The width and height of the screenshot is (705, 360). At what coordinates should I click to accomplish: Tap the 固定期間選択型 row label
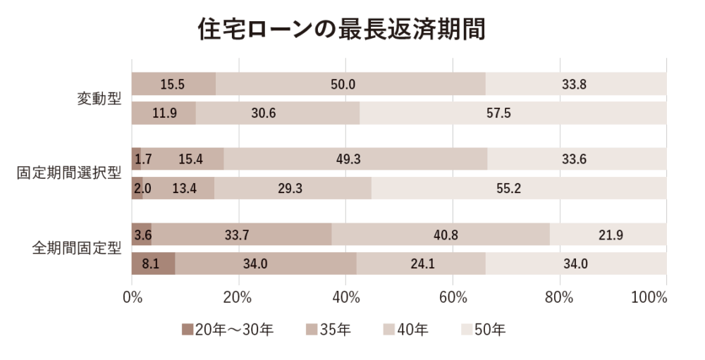pyautogui.click(x=69, y=173)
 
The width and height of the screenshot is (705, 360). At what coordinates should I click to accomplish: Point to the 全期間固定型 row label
pyautogui.click(x=77, y=249)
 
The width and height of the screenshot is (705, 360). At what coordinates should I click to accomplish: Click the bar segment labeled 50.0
pyautogui.click(x=350, y=84)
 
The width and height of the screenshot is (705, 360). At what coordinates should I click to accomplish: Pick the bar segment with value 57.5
pyautogui.click(x=513, y=113)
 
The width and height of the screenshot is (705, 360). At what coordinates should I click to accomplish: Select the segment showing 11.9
pyautogui.click(x=164, y=113)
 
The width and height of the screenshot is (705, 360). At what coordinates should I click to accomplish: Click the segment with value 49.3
pyautogui.click(x=355, y=159)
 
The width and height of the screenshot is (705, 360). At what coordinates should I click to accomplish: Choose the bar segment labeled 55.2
pyautogui.click(x=519, y=189)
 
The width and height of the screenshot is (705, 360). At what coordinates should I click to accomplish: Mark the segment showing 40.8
pyautogui.click(x=441, y=235)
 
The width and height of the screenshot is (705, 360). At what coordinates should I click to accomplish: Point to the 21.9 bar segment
pyautogui.click(x=608, y=235)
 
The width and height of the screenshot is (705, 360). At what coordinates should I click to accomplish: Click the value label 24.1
pyautogui.click(x=421, y=264)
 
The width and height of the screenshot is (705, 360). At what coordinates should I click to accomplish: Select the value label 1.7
pyautogui.click(x=143, y=159)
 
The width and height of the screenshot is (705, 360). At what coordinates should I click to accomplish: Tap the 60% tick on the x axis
pyautogui.click(x=453, y=297)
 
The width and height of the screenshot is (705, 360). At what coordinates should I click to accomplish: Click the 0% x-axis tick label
pyautogui.click(x=133, y=297)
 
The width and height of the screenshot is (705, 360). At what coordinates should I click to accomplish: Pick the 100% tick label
pyautogui.click(x=649, y=297)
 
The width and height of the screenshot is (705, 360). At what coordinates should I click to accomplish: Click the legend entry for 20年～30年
pyautogui.click(x=227, y=328)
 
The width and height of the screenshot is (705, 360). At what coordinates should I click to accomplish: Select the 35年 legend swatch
pyautogui.click(x=312, y=329)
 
